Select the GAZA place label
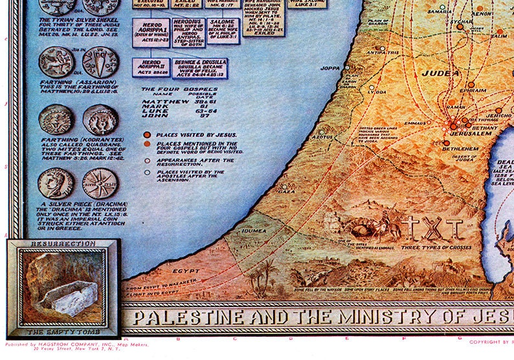pos(285,192)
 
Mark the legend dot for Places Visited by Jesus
pos(147,135)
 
